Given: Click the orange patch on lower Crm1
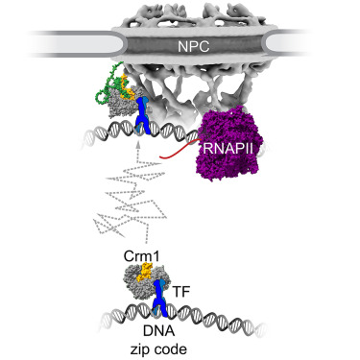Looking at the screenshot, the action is click(x=145, y=276).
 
